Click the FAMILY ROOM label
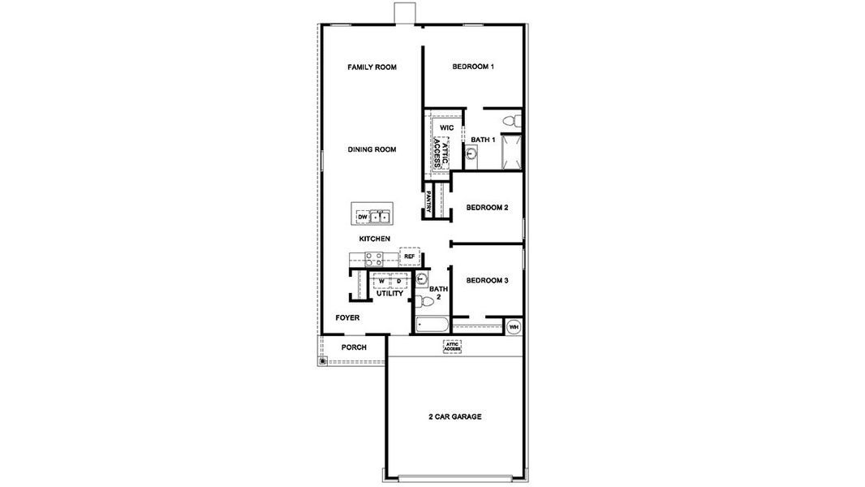(x=372, y=67)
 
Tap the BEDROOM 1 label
(x=473, y=67)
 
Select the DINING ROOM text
(x=372, y=149)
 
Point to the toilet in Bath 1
(x=510, y=121)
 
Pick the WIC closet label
(x=446, y=128)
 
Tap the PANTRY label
(x=428, y=200)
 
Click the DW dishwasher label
(x=362, y=217)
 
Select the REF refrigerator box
(x=409, y=256)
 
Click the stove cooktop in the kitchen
(x=373, y=259)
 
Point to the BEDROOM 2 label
(x=487, y=208)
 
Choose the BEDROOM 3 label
(x=487, y=281)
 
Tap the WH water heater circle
(x=514, y=327)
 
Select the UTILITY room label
(x=389, y=293)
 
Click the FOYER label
(x=347, y=317)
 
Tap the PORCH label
(x=353, y=347)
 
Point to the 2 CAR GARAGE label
(x=455, y=416)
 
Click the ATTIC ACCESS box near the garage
(x=452, y=347)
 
